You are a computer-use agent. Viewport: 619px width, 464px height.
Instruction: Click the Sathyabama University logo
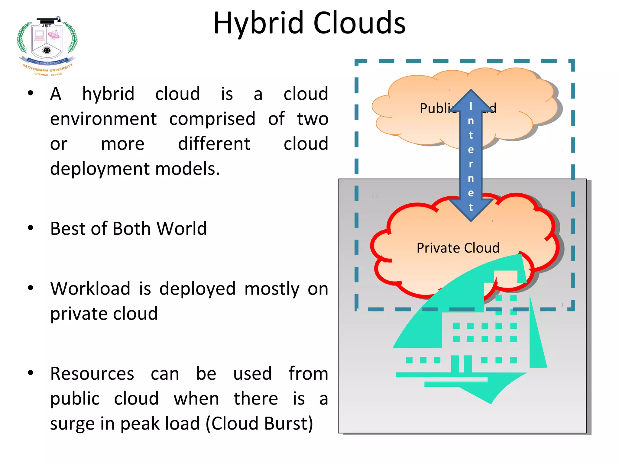47,45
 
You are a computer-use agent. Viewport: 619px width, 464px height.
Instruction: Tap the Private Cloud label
458,248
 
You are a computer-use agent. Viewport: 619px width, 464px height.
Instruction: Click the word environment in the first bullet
103,119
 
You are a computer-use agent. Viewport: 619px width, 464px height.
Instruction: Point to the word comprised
212,119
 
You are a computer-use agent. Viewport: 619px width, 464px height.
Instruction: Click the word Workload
90,288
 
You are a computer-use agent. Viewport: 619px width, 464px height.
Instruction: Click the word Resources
92,374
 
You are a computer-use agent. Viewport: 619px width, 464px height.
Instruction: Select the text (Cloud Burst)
259,424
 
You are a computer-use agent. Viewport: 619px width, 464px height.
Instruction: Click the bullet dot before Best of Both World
30,228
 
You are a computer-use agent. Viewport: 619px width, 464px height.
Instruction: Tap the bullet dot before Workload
30,288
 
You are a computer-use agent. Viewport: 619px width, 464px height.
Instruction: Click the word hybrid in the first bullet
108,94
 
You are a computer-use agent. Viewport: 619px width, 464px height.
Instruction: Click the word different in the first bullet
214,144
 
